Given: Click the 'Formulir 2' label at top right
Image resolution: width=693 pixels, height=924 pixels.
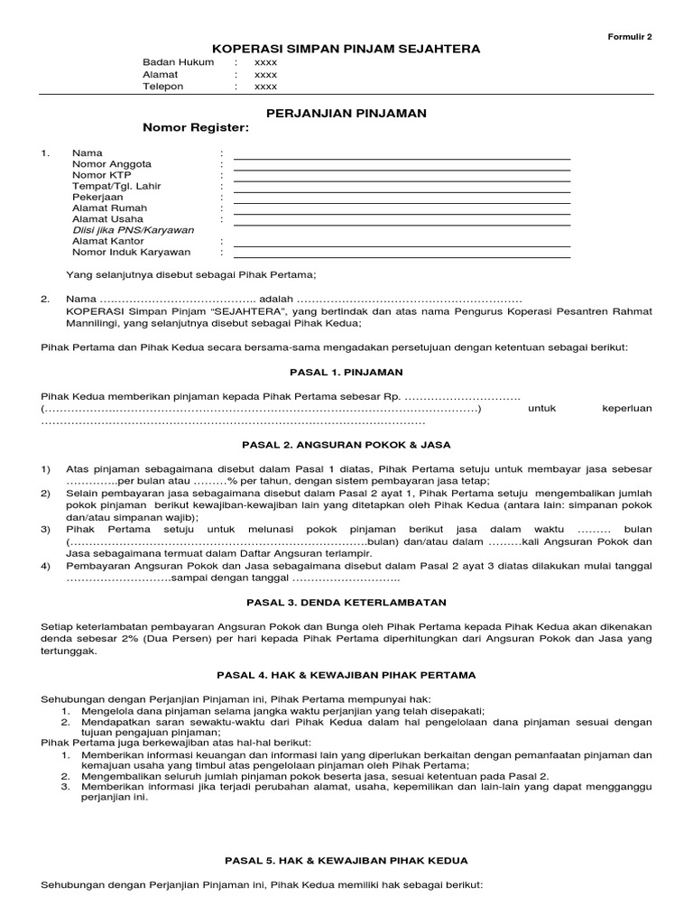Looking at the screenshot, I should pyautogui.click(x=633, y=36).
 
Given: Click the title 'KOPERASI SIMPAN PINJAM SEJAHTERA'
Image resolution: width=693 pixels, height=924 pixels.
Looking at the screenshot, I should pyautogui.click(x=346, y=49).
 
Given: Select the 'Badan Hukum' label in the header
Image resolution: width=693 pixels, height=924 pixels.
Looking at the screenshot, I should pyautogui.click(x=179, y=62).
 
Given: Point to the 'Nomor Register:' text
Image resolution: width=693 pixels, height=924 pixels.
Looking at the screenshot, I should pyautogui.click(x=195, y=128).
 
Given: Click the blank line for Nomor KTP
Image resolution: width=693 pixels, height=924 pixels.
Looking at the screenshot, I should pyautogui.click(x=402, y=180).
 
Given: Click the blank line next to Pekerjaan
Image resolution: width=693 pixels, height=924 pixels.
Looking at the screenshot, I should pyautogui.click(x=402, y=202).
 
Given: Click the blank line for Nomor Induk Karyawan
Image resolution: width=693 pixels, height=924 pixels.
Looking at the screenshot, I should pyautogui.click(x=402, y=257).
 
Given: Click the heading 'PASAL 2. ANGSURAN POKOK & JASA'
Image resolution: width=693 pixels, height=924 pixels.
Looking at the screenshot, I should pyautogui.click(x=346, y=445).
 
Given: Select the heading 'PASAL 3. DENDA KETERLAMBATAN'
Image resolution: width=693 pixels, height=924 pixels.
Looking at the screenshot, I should pyautogui.click(x=346, y=602).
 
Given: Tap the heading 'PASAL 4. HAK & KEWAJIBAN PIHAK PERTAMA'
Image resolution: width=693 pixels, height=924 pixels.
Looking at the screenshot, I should pyautogui.click(x=346, y=675).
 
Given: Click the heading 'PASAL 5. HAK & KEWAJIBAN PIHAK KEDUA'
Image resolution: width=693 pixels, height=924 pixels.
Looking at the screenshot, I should pyautogui.click(x=346, y=861).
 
